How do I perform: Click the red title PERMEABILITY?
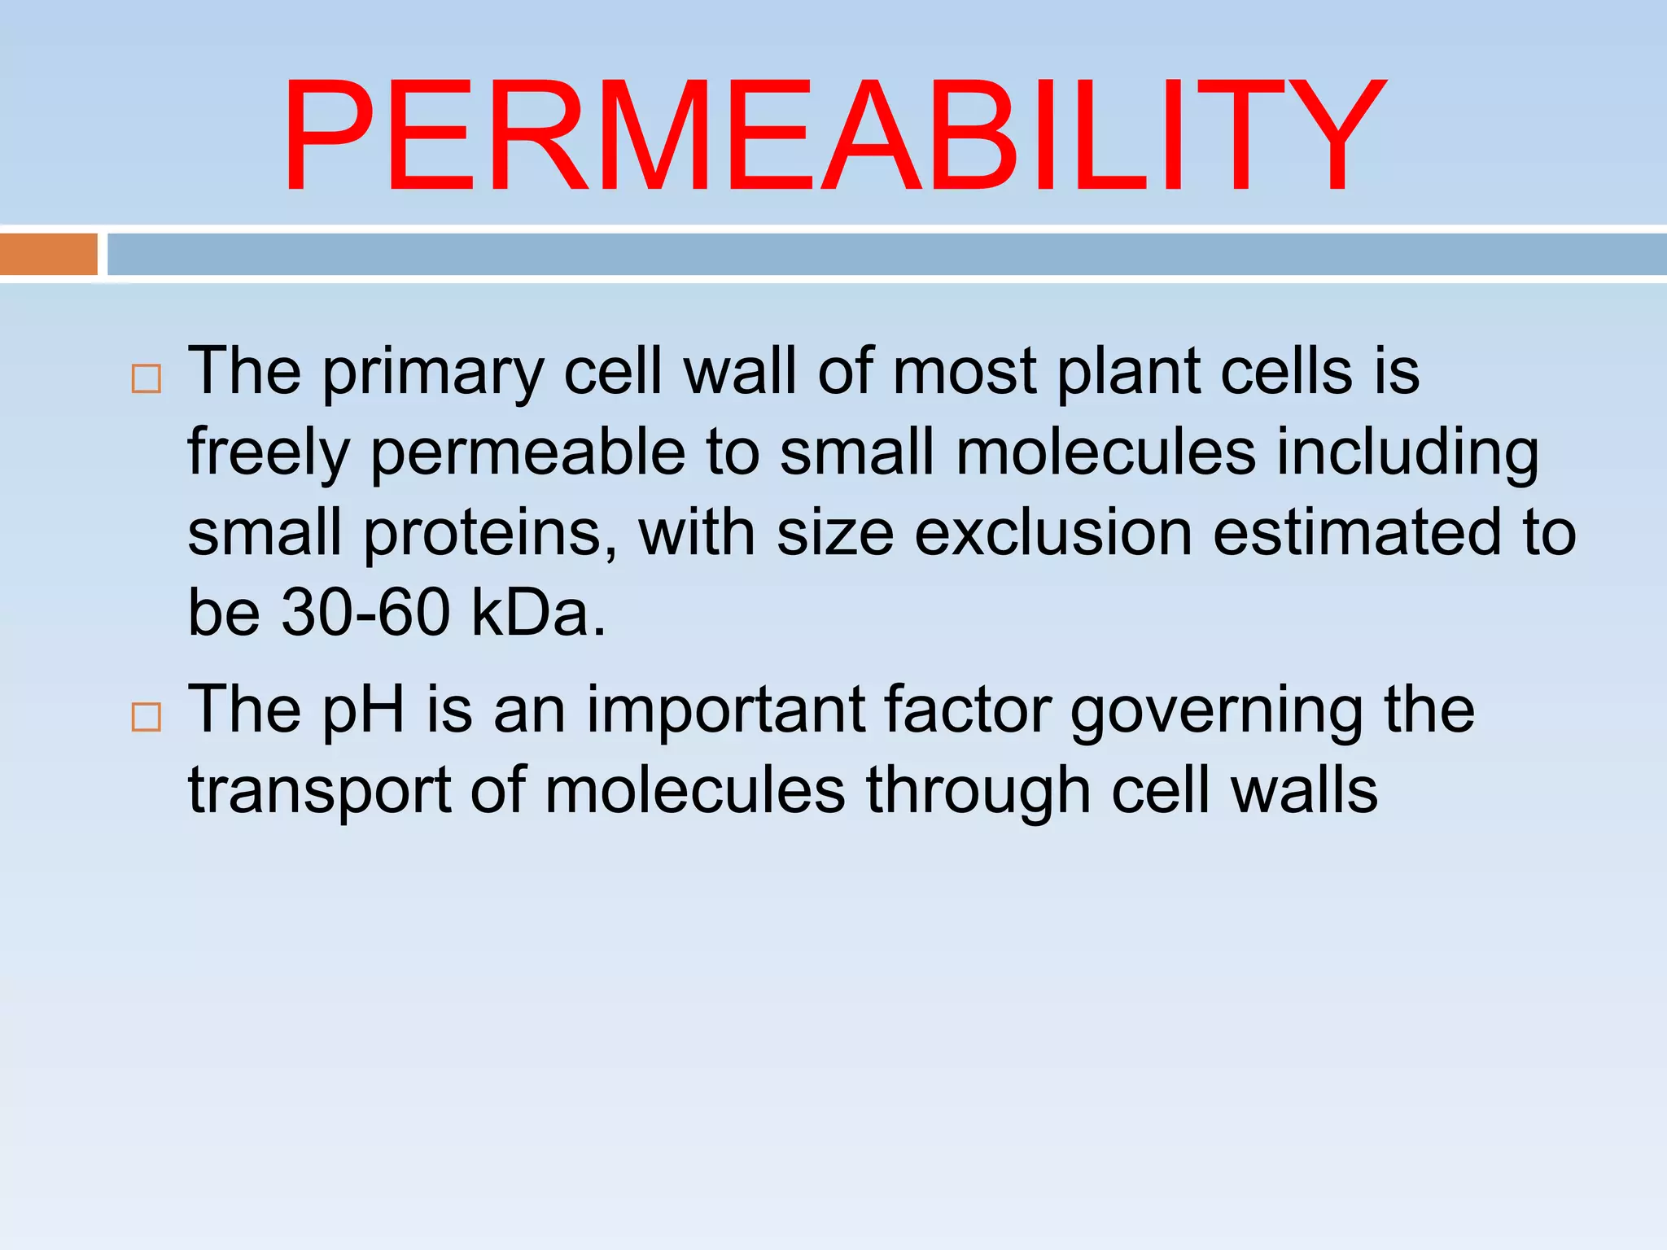833,137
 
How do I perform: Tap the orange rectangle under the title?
49,254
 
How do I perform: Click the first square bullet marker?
146,379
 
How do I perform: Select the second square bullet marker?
146,717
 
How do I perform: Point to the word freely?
269,454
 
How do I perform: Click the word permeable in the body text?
528,454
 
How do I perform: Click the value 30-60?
365,612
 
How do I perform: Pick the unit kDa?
537,612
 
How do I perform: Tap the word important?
725,710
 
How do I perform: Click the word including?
1407,454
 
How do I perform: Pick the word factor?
968,710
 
